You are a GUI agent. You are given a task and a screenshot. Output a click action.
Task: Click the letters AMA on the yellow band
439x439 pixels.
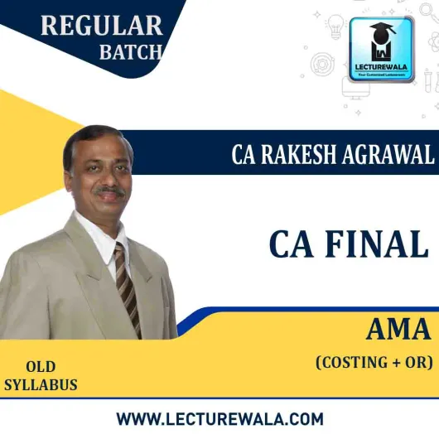(x=398, y=330)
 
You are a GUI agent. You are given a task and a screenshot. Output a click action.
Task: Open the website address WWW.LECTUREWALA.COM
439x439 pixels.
(x=219, y=417)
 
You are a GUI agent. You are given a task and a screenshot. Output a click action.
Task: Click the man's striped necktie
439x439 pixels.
(x=128, y=286)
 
